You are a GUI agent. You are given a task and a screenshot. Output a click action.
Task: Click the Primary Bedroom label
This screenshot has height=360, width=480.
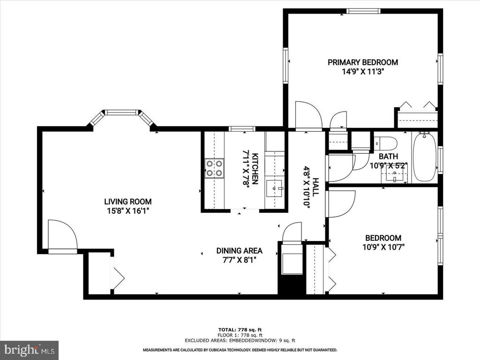[x=363, y=62]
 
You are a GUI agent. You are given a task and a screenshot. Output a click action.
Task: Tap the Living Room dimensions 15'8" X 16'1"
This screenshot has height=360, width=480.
[x=128, y=211]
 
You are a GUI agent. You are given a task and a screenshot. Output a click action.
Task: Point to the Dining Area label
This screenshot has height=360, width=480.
[x=239, y=251]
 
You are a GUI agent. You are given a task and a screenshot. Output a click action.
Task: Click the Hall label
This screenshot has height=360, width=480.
[x=315, y=187]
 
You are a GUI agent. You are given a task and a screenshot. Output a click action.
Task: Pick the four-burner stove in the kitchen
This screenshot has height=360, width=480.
[x=214, y=168]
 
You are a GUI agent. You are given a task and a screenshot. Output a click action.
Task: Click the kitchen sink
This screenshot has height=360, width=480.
[x=275, y=188]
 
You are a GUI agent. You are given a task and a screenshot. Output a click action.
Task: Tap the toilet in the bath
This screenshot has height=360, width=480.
[x=386, y=142]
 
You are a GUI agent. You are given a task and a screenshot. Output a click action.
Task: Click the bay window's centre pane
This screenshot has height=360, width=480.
[x=122, y=112]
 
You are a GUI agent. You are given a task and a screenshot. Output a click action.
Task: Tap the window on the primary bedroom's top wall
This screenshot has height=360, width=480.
[x=364, y=11]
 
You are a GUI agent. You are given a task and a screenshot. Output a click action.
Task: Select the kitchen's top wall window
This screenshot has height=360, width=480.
[x=242, y=128]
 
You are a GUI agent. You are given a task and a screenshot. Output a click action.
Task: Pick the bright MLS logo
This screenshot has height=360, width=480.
[x=29, y=349]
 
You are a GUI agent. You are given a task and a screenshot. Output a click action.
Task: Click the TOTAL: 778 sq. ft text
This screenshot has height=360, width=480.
[x=240, y=330]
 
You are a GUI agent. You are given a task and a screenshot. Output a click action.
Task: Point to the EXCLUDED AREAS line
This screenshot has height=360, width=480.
[x=240, y=340]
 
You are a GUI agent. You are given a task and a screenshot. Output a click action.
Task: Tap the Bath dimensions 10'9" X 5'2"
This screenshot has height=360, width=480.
[x=389, y=166]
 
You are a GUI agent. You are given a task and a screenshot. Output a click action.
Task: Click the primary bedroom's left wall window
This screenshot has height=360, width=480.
[x=285, y=66]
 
